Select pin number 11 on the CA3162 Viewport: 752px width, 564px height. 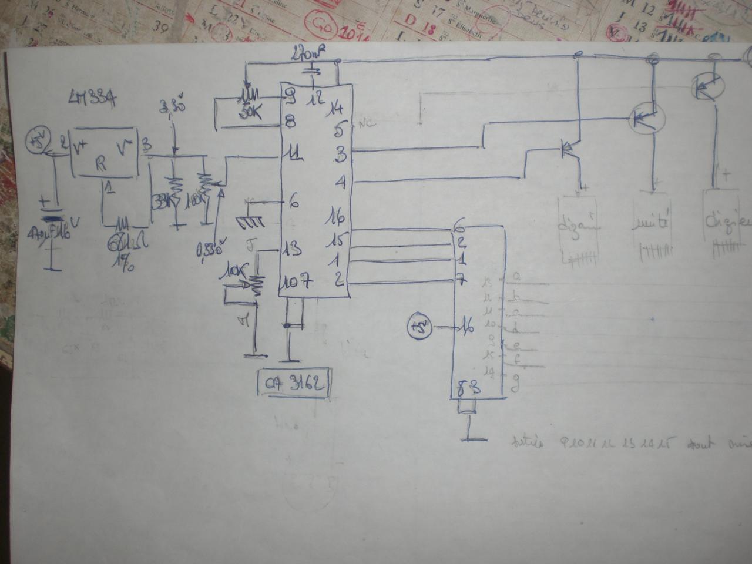pyautogui.click(x=293, y=155)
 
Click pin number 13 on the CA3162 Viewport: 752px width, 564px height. pyautogui.click(x=292, y=248)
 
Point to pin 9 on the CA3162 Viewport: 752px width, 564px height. pyautogui.click(x=289, y=98)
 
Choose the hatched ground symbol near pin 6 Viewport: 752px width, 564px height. pyautogui.click(x=250, y=221)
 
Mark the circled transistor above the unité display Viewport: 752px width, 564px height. pyautogui.click(x=646, y=118)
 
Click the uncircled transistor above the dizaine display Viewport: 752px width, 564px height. pyautogui.click(x=569, y=149)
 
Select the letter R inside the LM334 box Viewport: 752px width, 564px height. pyautogui.click(x=101, y=166)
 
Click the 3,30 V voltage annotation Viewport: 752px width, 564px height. pyautogui.click(x=172, y=109)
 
